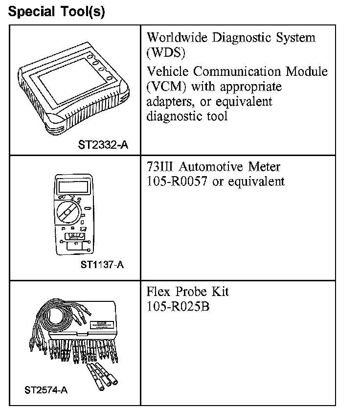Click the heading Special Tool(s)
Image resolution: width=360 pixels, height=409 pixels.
(x=57, y=12)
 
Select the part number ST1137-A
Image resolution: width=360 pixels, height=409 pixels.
(x=102, y=266)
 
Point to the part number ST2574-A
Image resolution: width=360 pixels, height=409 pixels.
(x=46, y=390)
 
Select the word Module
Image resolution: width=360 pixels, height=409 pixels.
(x=307, y=71)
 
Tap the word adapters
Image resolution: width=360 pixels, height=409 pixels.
(x=169, y=102)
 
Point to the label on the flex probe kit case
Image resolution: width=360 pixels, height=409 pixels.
(x=103, y=323)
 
